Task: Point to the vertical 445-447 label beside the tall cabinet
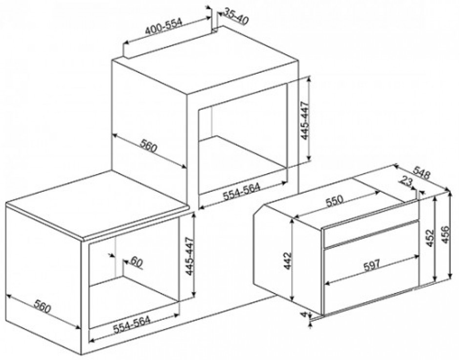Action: [305, 120]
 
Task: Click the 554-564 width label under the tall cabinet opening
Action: [241, 191]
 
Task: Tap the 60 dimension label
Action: [137, 262]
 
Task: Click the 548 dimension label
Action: [421, 172]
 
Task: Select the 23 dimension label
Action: [406, 182]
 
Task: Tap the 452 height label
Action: [430, 238]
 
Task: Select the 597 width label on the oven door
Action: [372, 265]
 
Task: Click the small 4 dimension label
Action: [304, 315]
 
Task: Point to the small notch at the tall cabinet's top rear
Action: [216, 29]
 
